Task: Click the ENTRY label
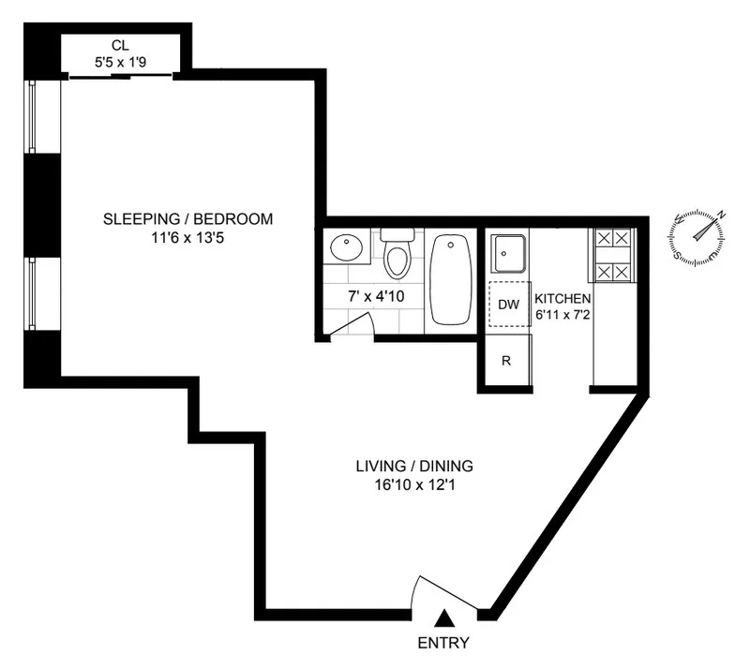click(442, 643)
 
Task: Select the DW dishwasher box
click(508, 304)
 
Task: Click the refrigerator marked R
click(506, 361)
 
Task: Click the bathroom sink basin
click(347, 248)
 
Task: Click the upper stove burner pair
click(612, 239)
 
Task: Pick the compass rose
click(699, 234)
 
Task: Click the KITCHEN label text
click(562, 299)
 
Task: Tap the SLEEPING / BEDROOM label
click(188, 219)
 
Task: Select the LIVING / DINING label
click(413, 466)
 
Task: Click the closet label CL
click(119, 45)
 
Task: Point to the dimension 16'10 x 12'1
click(413, 485)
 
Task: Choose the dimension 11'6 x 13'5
click(188, 238)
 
